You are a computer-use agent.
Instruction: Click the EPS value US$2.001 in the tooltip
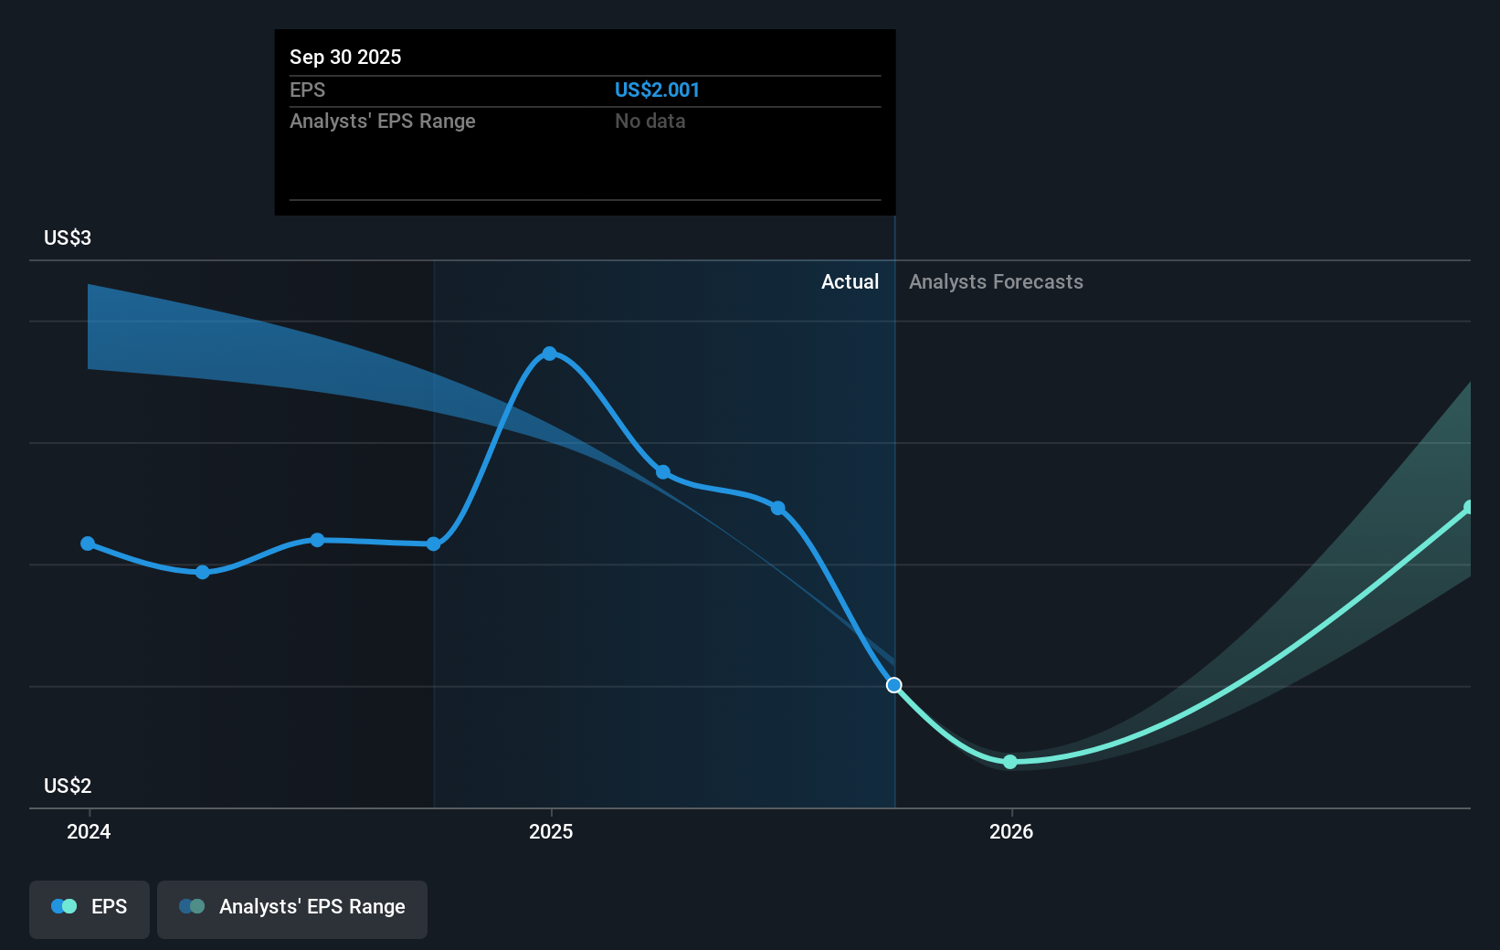tap(657, 90)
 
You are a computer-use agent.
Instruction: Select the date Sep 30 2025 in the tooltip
tap(345, 57)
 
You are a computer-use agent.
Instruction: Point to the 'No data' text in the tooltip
tap(650, 121)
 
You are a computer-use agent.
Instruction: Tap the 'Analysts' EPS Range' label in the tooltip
tap(382, 121)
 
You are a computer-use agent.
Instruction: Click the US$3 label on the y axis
tap(68, 237)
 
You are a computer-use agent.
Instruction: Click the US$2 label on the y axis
tap(68, 786)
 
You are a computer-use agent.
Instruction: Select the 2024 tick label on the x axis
tap(89, 831)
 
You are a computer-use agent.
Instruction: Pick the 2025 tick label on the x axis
tap(551, 831)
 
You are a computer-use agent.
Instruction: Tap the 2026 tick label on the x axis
tap(1011, 831)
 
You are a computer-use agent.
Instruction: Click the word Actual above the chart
tap(850, 281)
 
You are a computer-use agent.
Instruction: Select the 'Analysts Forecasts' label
tap(996, 281)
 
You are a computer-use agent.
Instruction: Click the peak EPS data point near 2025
tap(549, 354)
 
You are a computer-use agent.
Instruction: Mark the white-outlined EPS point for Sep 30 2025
tap(894, 685)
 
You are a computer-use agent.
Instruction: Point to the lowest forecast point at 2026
tap(1009, 762)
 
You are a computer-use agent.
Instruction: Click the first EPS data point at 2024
tap(88, 544)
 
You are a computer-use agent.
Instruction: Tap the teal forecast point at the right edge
tap(1469, 508)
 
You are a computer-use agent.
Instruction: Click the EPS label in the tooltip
tap(307, 90)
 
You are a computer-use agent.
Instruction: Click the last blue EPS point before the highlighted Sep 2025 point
tap(778, 508)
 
